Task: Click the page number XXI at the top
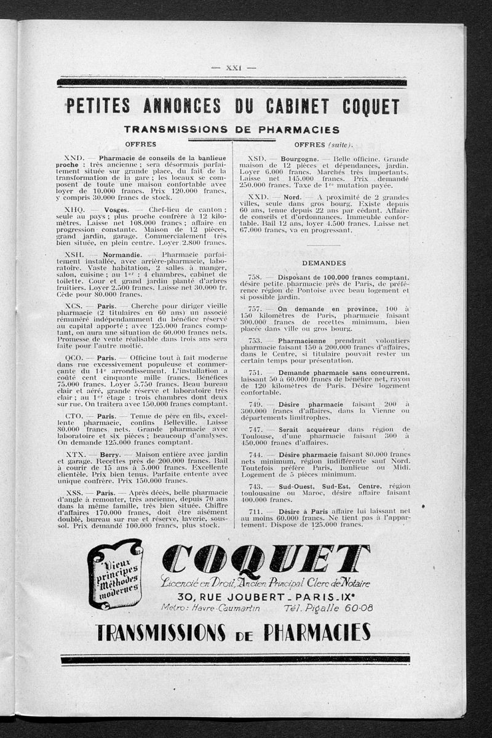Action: coord(233,68)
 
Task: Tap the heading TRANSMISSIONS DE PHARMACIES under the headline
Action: coord(231,130)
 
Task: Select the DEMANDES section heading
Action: coord(323,263)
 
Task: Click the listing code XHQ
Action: coord(75,209)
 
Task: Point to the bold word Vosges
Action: coord(116,209)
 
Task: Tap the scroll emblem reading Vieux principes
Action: coord(115,574)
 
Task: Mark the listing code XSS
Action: coord(74,493)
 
